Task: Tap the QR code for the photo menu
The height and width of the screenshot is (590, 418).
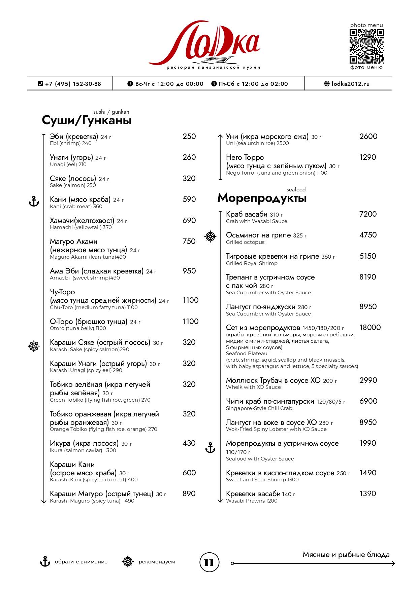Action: coord(366,46)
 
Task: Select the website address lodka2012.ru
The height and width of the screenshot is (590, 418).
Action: coord(350,84)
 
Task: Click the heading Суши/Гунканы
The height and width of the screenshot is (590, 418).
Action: coord(87,120)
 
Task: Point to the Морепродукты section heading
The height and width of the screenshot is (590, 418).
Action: coord(262,198)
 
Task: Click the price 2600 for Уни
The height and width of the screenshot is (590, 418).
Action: coord(368,136)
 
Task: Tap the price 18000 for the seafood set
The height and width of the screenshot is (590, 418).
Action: coord(370,327)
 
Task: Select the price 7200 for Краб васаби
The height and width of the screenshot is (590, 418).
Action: coord(368,214)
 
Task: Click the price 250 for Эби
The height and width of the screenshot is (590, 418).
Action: coord(189,136)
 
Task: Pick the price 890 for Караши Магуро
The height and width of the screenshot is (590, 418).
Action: coord(189,493)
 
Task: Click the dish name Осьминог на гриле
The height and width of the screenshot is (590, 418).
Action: coord(258,235)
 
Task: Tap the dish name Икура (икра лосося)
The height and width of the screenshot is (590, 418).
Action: coord(84,443)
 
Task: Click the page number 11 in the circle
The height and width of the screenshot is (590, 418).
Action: coord(209,562)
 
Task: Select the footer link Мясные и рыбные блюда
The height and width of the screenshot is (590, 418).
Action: coord(346,555)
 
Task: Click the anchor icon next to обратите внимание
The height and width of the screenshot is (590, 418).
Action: coord(45,561)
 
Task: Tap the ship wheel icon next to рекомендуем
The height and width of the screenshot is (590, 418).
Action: coord(127,561)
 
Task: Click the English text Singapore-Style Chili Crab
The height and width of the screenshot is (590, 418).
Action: coord(259,408)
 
